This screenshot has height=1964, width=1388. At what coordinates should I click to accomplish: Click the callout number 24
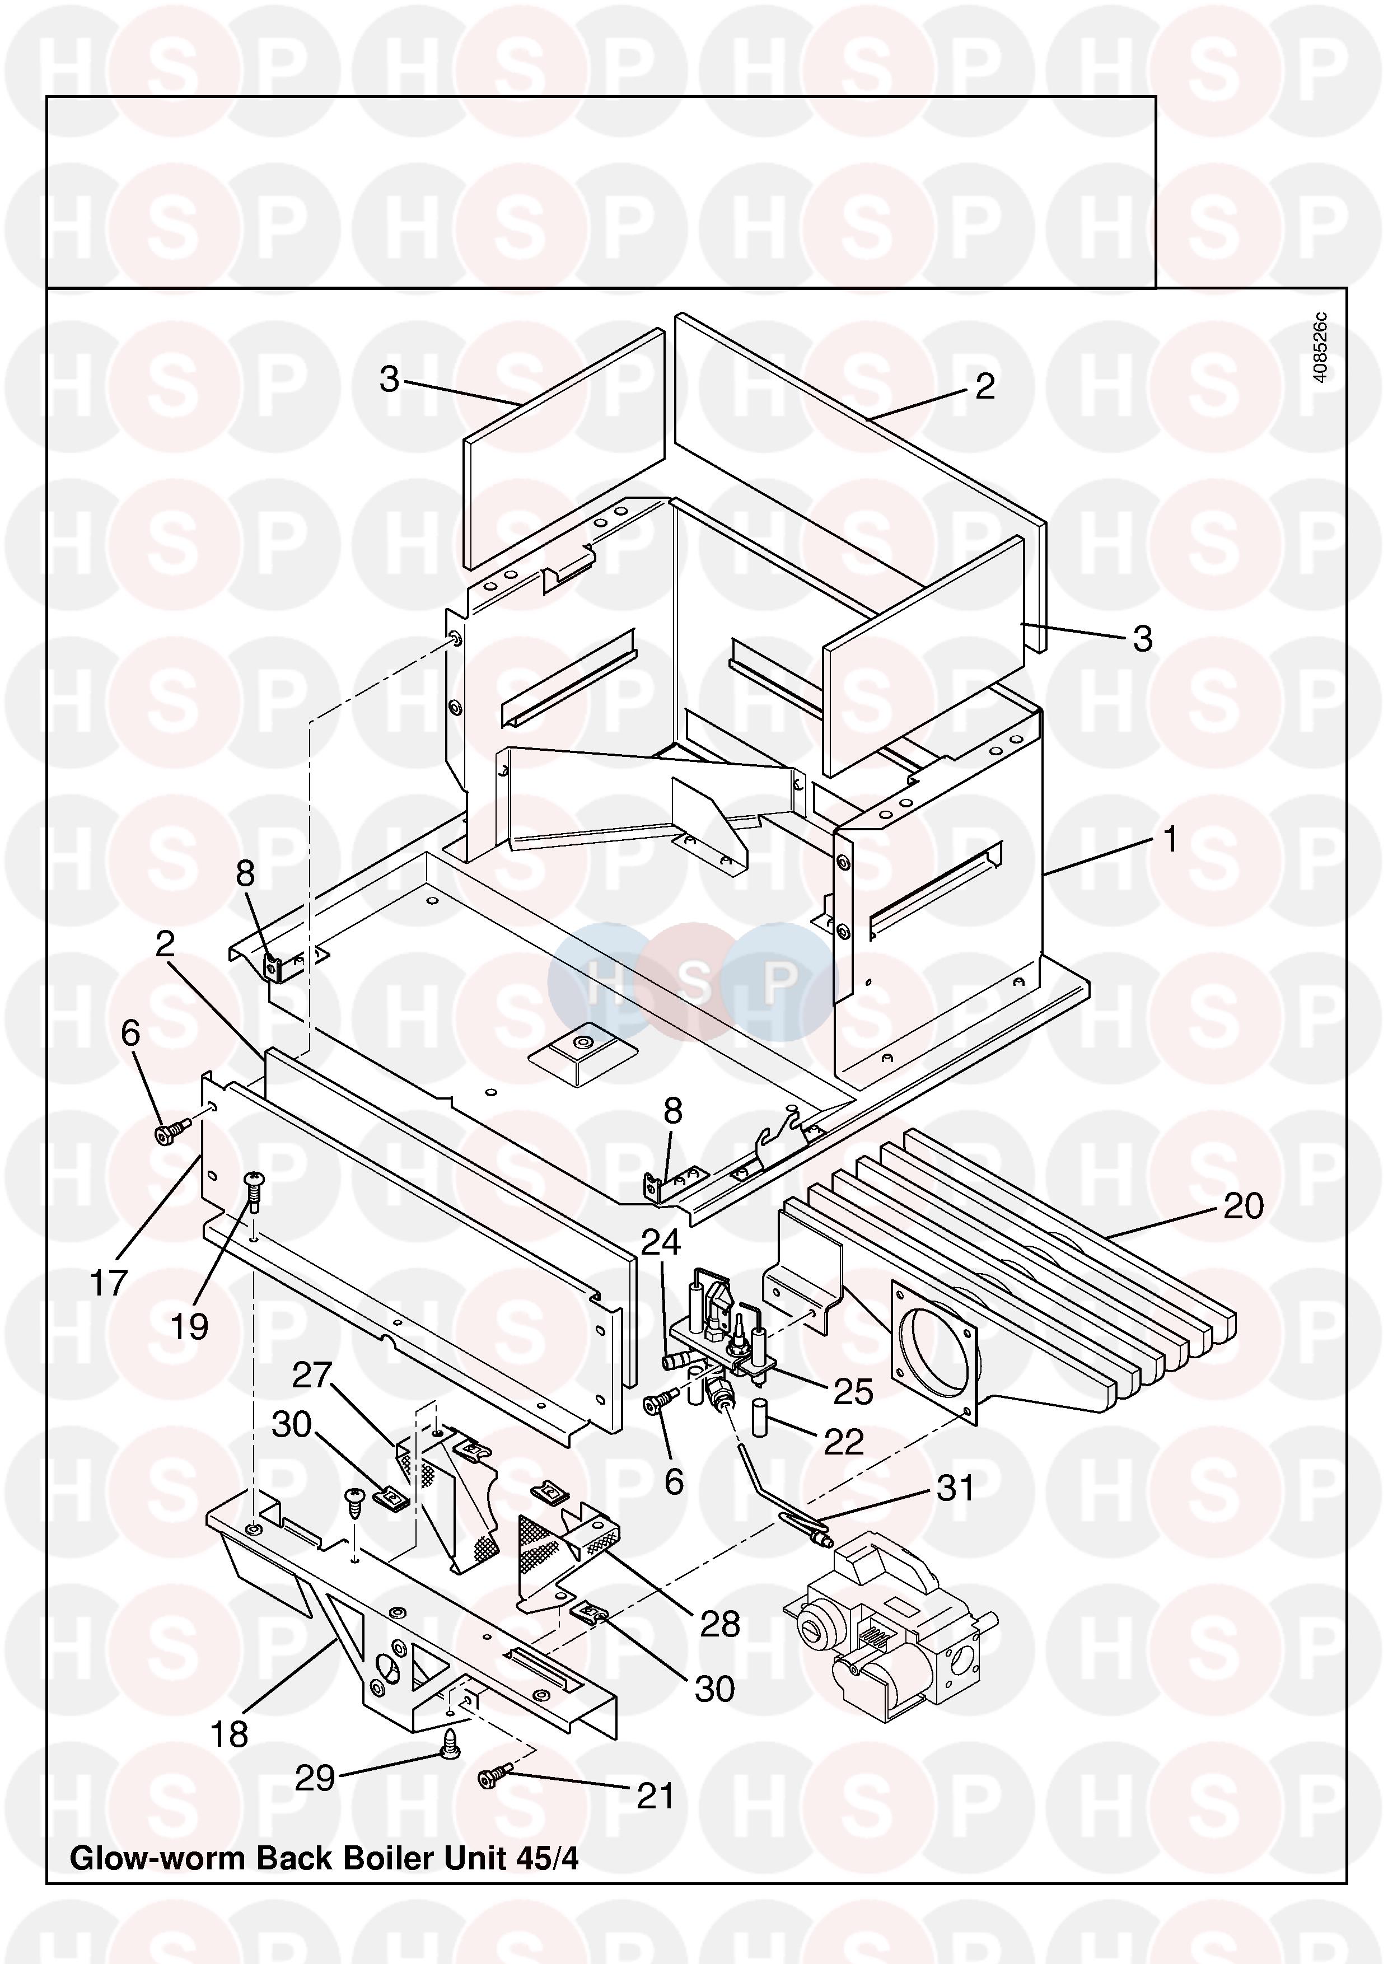click(661, 1241)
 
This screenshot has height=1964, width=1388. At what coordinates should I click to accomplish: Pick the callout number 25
click(853, 1392)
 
